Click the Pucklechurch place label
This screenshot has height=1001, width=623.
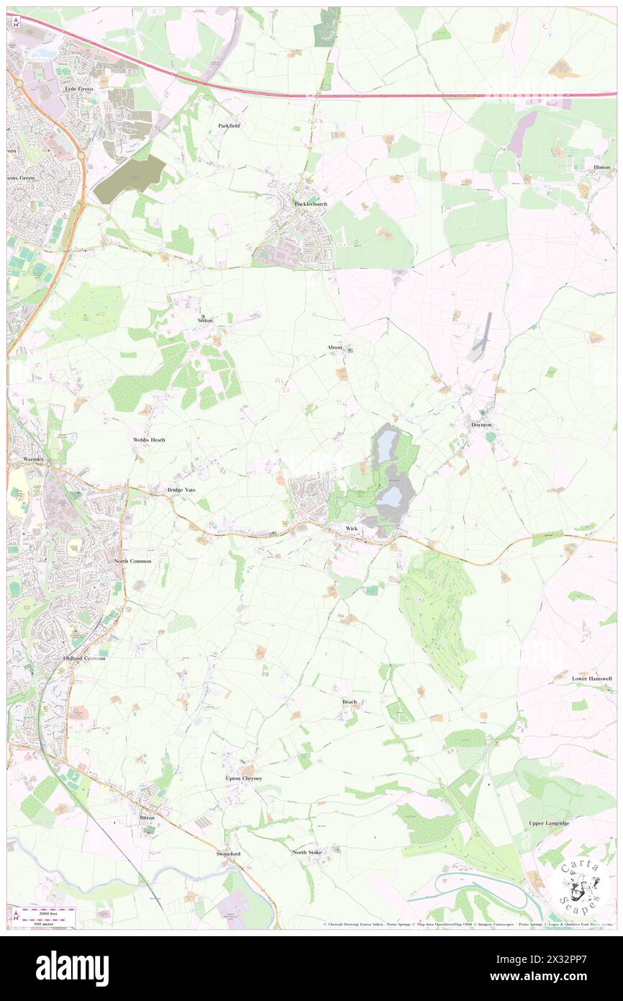pos(311,204)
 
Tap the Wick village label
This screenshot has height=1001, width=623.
pos(351,529)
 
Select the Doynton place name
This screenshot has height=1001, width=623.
pos(481,425)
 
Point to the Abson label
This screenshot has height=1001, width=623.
pos(335,347)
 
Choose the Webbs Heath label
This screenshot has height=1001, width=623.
pos(149,439)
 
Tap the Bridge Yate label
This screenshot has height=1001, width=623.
pos(181,490)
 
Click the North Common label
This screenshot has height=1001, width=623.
pos(132,560)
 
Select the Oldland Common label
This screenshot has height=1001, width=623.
pos(83,658)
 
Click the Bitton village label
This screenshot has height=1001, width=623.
pos(147,818)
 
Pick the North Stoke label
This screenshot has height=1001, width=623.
pos(307,852)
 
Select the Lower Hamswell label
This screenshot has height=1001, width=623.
pos(592,678)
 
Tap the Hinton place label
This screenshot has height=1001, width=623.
pos(601,167)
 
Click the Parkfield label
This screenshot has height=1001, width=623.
pos(229,125)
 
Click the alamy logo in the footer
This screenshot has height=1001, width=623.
pos(73,969)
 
